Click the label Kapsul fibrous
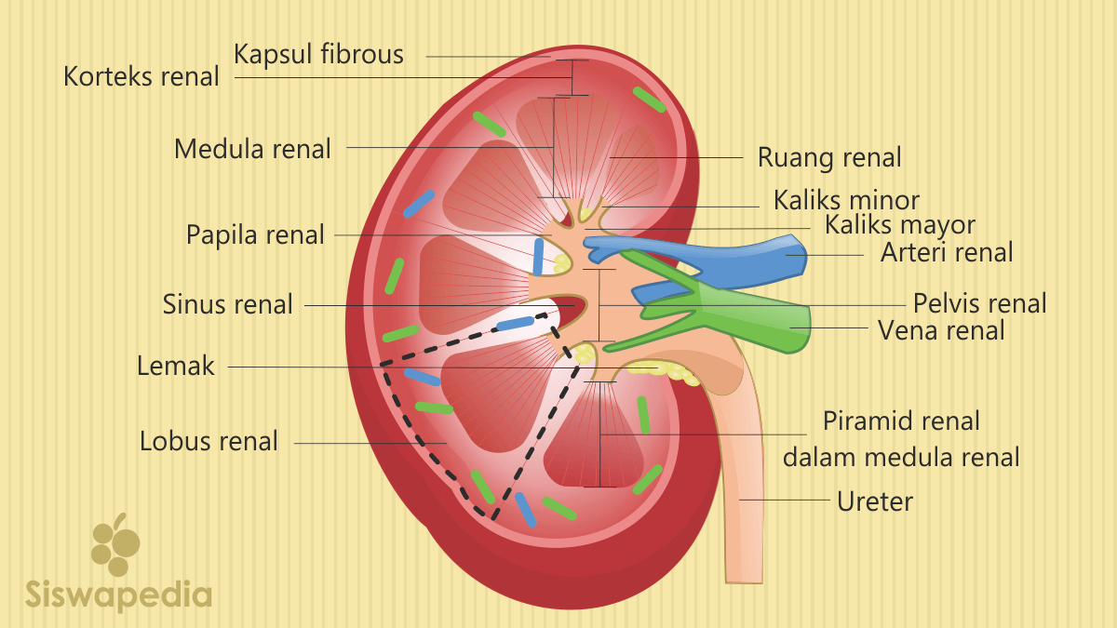coord(318,54)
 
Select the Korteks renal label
coord(141,76)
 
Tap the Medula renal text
coord(252,148)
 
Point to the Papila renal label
coord(255,234)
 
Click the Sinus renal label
coord(227,303)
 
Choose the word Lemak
coord(176,367)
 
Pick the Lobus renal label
coord(209,441)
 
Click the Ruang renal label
coord(829,157)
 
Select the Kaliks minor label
coord(846,200)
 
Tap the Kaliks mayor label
coord(899,225)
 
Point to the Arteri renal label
coord(947,251)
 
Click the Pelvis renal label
coord(979,303)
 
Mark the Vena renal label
coord(941,330)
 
